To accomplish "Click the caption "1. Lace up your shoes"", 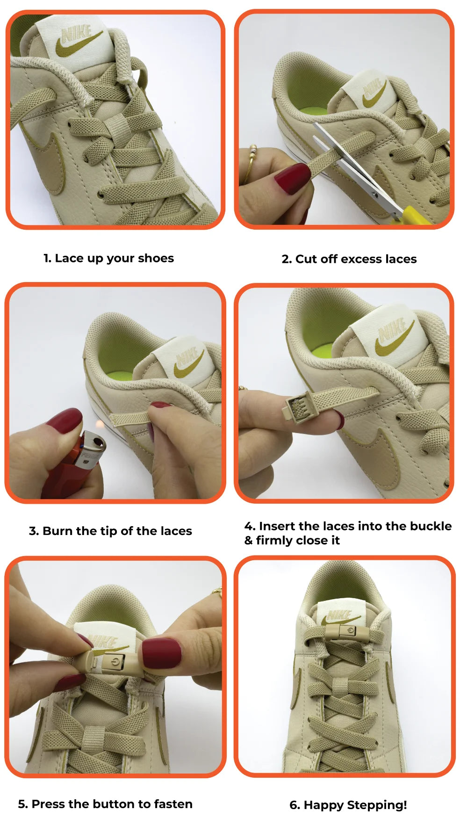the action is pyautogui.click(x=108, y=259).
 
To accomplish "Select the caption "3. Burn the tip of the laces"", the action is pyautogui.click(x=110, y=531).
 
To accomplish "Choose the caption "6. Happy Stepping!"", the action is pyautogui.click(x=348, y=805).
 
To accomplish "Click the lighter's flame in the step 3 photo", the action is pyautogui.click(x=99, y=425).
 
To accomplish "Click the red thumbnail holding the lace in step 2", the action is pyautogui.click(x=292, y=178).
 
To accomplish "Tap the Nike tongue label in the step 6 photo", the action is pyautogui.click(x=340, y=615).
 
